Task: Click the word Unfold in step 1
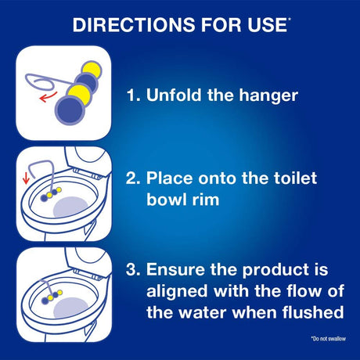174,95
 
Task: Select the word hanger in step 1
268,96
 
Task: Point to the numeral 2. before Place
133,178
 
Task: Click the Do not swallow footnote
329,339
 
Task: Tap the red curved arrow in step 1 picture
48,97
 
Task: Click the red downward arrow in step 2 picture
26,178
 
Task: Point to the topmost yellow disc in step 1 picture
92,70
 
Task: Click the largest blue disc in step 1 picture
70,110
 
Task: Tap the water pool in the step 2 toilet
70,207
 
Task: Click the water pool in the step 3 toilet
71,308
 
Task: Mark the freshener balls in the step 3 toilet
52,297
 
